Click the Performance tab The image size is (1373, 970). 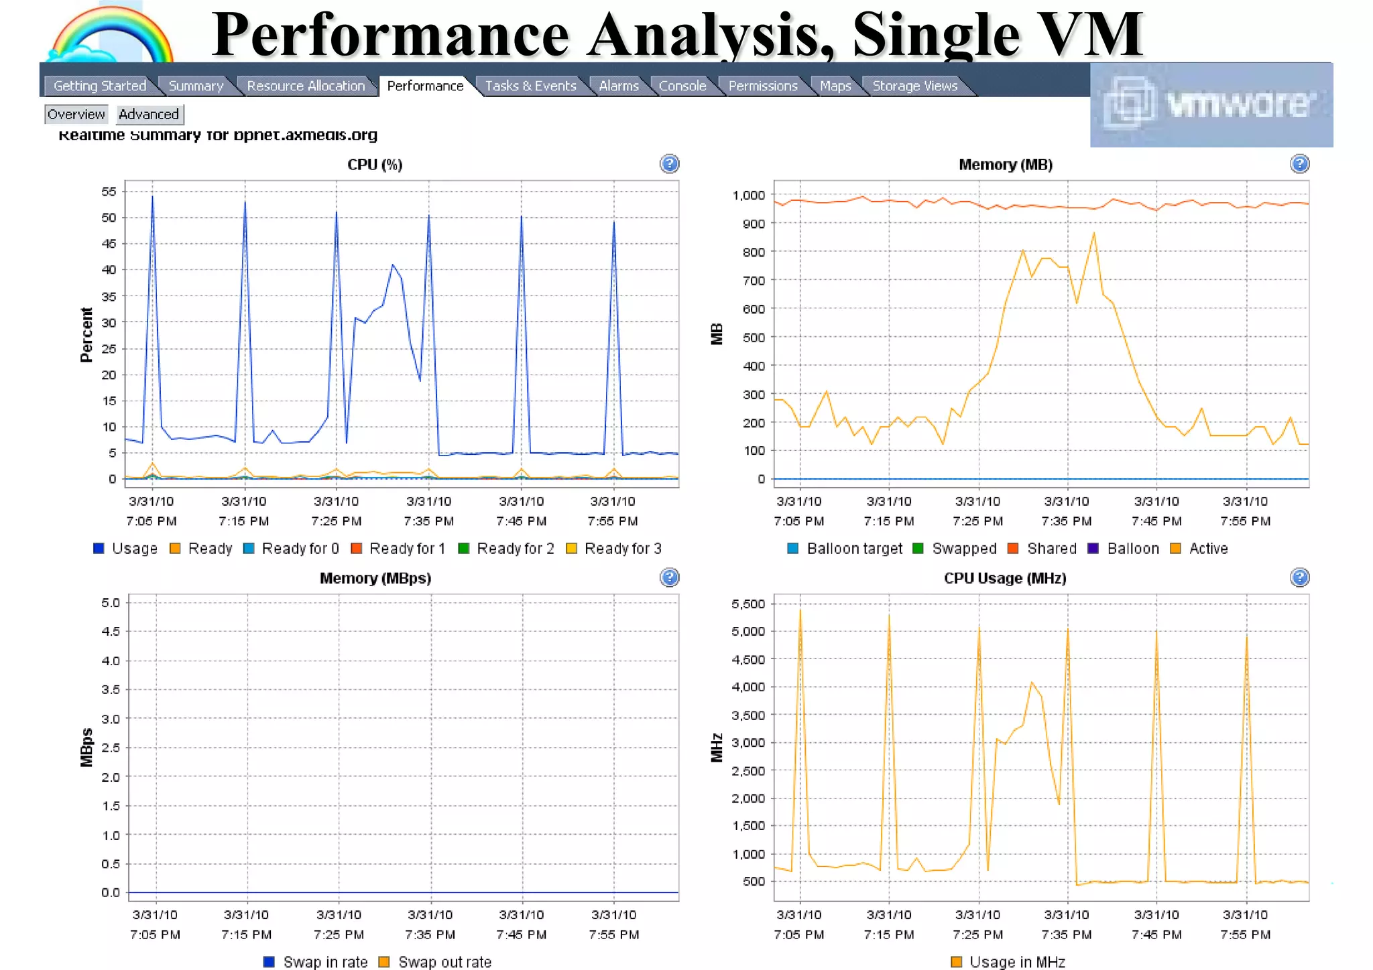pos(425,86)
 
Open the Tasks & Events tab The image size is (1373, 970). pos(530,86)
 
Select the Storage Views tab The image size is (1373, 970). pos(914,86)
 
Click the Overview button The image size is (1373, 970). pos(76,115)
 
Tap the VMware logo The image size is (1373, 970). pos(1211,105)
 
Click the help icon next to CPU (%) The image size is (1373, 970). pos(669,164)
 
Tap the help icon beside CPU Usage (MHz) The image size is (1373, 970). pos(1299,577)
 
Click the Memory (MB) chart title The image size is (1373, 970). pos(1005,165)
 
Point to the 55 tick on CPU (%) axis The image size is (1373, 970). pos(109,192)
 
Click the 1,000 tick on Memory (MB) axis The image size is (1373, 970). pos(748,196)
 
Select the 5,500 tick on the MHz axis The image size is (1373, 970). pos(748,604)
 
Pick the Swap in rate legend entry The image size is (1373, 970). pos(316,962)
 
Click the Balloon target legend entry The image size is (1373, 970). pos(845,549)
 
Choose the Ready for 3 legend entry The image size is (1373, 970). pos(614,549)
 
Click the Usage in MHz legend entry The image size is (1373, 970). pos(1008,962)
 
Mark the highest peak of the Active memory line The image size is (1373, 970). pos(1094,233)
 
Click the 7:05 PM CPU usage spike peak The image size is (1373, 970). pos(152,196)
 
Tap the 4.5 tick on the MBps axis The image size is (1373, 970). pos(111,632)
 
